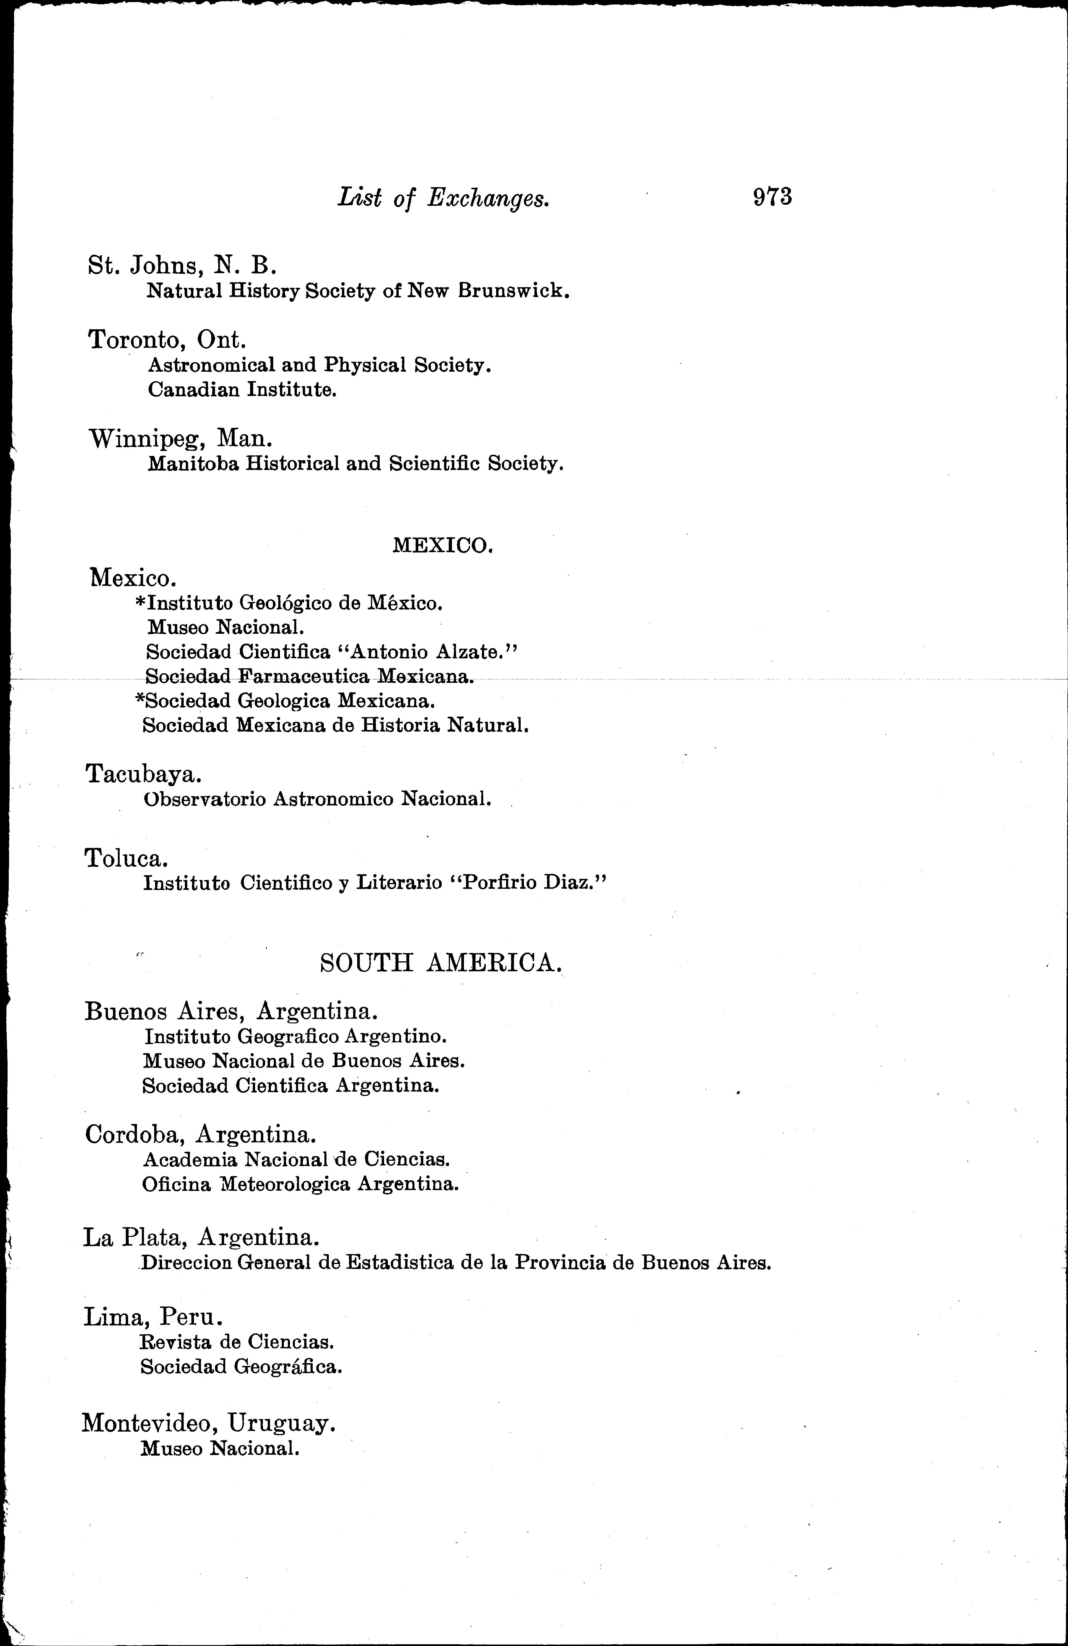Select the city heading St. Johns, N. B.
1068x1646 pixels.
[x=183, y=265]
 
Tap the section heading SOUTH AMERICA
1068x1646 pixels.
[x=441, y=963]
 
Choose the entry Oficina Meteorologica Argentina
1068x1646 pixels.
[x=300, y=1184]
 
